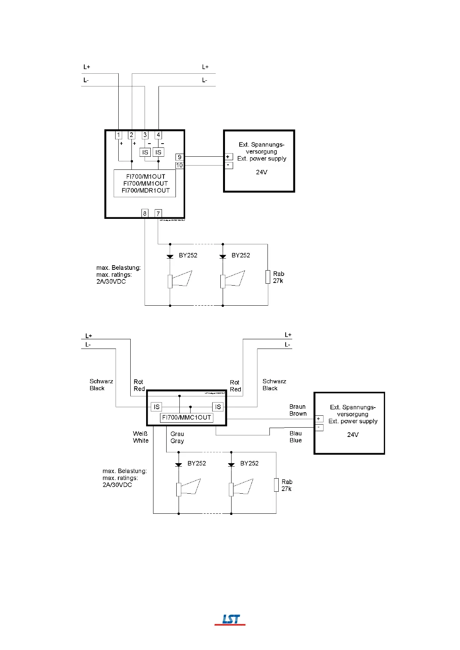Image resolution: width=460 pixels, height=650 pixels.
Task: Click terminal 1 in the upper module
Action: coord(119,135)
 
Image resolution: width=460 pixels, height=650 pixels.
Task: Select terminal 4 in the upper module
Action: coord(158,135)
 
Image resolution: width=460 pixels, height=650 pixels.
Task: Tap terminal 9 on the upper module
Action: coord(179,157)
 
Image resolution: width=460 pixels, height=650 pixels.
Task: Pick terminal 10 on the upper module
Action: coord(179,165)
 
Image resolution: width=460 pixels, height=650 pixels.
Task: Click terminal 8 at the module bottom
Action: coord(145,213)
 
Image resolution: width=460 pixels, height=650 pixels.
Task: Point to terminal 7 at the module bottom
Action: coord(158,213)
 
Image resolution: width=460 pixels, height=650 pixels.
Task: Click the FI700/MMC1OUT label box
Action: coord(186,418)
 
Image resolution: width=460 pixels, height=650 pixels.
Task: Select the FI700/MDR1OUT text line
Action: coord(145,191)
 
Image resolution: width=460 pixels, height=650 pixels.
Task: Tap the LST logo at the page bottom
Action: coord(230,620)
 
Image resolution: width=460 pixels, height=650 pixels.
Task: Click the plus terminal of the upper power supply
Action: coord(228,157)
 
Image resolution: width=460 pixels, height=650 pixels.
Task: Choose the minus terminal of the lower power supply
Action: coord(319,427)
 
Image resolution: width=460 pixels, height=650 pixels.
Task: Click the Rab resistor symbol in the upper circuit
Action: coord(267,277)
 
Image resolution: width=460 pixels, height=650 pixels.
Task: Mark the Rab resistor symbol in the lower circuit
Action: coord(276,485)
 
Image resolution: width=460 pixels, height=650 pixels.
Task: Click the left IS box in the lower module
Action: coord(156,407)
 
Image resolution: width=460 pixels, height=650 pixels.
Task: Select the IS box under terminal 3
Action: coord(145,152)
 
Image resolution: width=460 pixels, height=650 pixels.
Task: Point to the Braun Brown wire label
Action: coord(298,410)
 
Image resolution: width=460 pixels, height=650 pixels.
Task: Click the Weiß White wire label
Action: coord(140,437)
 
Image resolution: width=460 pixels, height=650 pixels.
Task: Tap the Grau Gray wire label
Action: coord(177,437)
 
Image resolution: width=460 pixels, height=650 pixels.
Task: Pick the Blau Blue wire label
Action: coord(295,437)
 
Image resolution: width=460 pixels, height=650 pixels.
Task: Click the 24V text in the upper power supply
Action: coord(261,172)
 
